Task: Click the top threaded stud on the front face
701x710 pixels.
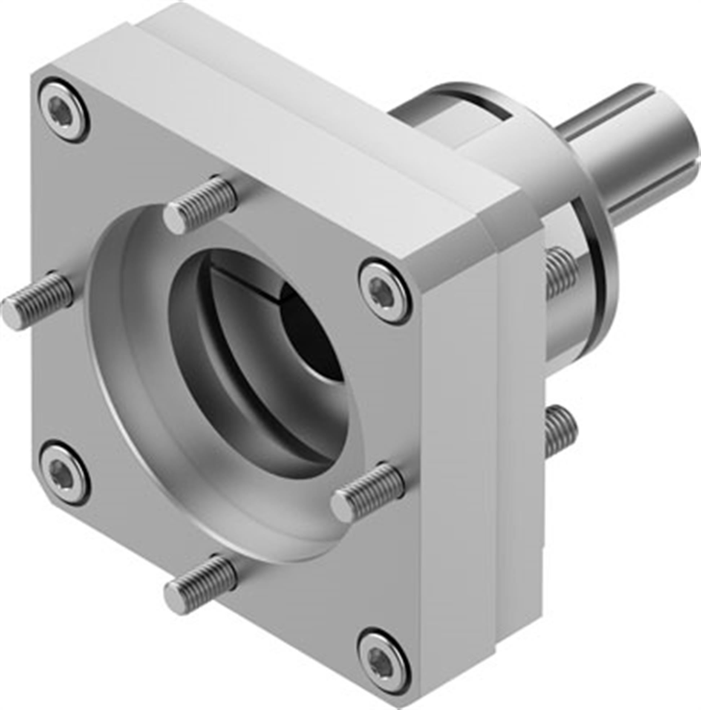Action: point(200,204)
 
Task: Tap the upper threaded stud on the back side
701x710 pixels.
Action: point(560,272)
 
